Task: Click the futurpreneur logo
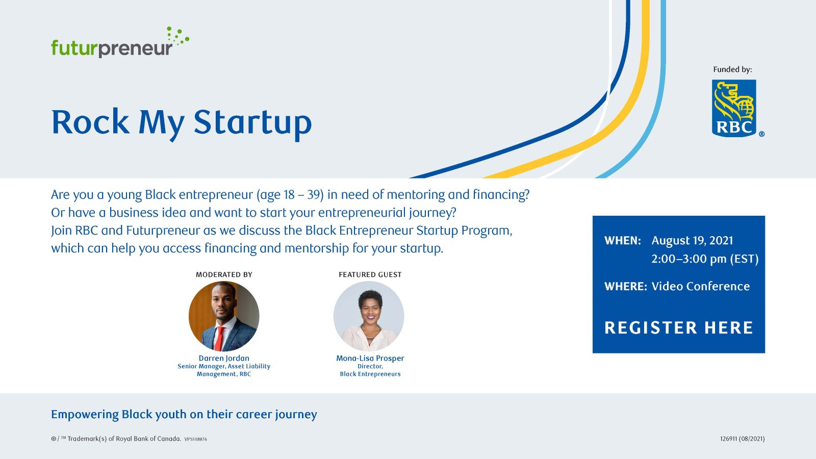point(120,42)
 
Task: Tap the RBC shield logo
point(734,108)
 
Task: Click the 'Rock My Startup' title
point(182,124)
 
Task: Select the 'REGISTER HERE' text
point(679,327)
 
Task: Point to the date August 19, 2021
point(692,240)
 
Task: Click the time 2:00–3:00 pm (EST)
point(705,259)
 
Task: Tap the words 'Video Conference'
point(701,286)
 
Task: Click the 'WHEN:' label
point(623,240)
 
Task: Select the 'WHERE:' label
point(625,286)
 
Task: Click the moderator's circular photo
point(224,316)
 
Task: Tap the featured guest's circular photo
point(369,316)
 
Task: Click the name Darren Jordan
point(224,358)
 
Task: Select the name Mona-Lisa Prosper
point(370,358)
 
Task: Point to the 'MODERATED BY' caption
point(224,275)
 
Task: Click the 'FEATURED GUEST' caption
point(370,275)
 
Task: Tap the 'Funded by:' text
point(732,69)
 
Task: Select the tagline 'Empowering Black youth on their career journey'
point(184,415)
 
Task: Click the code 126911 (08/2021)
point(743,439)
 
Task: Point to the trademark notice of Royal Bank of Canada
point(116,439)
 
